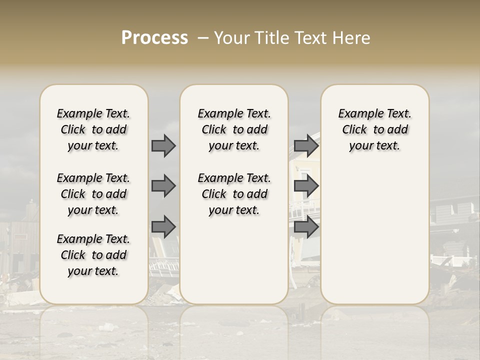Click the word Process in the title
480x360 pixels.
[154, 38]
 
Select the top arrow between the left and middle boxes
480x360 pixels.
[163, 146]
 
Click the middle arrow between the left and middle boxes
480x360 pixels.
[163, 186]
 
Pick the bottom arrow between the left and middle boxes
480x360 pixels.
[163, 226]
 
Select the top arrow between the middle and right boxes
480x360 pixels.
[306, 146]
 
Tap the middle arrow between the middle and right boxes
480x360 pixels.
[306, 186]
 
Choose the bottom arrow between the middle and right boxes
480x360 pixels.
[306, 227]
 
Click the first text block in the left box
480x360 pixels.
[93, 129]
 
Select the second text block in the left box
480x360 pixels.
[93, 194]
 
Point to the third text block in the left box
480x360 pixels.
[93, 255]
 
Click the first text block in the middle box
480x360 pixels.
[234, 129]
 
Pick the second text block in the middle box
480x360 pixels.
[234, 194]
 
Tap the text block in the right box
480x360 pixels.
[375, 129]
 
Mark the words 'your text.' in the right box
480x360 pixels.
[375, 146]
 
